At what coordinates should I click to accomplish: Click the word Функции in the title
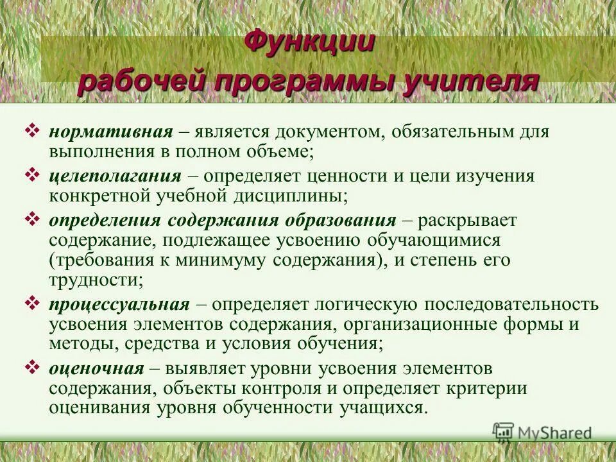click(x=310, y=43)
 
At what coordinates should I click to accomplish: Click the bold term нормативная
click(x=111, y=132)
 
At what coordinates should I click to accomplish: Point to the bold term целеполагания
click(x=115, y=175)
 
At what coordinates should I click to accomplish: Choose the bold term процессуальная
click(x=119, y=304)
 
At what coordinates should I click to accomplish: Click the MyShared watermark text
click(x=554, y=433)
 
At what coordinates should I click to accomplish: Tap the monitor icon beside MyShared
click(x=504, y=433)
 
